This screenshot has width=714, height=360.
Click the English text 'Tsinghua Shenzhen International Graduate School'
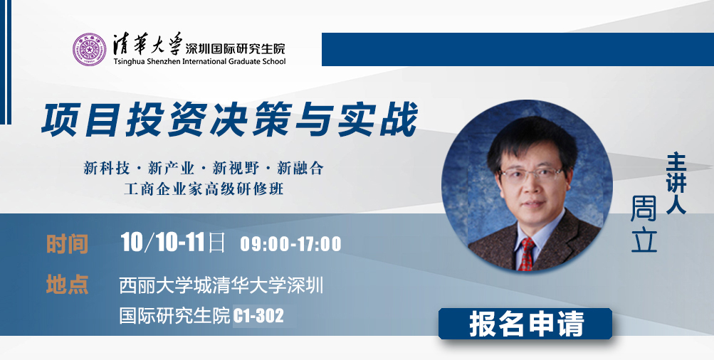199,61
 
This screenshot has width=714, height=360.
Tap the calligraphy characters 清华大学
147,43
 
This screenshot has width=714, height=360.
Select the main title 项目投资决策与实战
229,120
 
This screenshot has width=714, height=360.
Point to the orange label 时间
67,245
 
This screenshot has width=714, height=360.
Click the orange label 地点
67,285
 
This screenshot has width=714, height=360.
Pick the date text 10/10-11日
173,243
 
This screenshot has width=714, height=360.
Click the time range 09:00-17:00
290,244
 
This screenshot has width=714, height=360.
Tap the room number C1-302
258,316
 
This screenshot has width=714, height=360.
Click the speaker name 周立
644,223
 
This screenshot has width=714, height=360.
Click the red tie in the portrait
526,254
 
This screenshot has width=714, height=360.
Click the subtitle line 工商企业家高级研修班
204,189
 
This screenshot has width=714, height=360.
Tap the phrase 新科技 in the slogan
107,169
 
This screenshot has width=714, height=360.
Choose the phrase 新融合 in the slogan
300,169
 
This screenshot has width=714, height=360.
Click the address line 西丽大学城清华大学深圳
221,286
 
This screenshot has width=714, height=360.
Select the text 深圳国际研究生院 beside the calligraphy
235,48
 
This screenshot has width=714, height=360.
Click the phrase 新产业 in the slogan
172,169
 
